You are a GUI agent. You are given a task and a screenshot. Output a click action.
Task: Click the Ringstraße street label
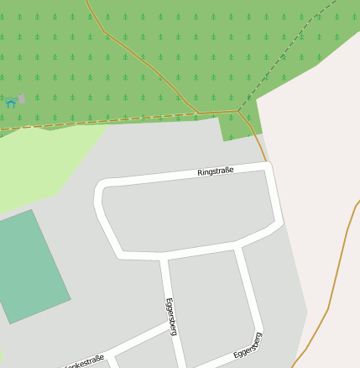[x=215, y=171]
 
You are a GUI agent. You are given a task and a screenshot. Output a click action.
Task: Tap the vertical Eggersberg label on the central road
[x=171, y=316]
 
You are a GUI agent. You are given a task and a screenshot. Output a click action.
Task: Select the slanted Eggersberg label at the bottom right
[x=248, y=346]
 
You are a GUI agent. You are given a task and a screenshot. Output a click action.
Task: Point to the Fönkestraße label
[x=84, y=362]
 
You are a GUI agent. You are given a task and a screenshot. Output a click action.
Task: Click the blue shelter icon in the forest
[x=11, y=103]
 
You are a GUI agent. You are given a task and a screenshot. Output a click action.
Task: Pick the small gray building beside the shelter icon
[x=22, y=99]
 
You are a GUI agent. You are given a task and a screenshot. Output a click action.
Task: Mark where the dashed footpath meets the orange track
[x=238, y=111]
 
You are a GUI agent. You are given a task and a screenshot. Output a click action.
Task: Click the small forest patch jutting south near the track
[x=233, y=127]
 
